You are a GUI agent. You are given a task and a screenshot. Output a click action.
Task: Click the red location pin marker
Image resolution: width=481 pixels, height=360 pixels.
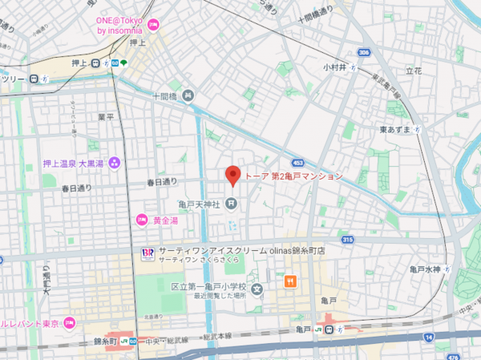coord(233,175)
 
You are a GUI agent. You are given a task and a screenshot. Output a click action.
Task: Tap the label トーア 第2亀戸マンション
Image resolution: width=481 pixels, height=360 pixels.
coord(293,176)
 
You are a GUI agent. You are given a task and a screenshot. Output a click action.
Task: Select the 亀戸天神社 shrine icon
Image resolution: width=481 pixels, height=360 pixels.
coord(231,203)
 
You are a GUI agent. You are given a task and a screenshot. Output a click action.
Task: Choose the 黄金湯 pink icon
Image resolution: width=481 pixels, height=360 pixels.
coord(142,220)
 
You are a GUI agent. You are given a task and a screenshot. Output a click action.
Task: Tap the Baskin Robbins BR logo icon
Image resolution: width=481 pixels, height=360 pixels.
coord(148,253)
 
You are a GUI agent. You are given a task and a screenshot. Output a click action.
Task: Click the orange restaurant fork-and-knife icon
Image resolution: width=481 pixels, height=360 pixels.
coord(289,281)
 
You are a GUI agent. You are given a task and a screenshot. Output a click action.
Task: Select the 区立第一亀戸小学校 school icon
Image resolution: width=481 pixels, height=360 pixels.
coord(257,289)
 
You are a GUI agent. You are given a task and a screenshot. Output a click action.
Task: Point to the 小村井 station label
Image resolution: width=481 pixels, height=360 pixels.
coord(334,67)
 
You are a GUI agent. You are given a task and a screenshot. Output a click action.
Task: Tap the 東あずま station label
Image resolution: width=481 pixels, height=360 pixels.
coord(394,129)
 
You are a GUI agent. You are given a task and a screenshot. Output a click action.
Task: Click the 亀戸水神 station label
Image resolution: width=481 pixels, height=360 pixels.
coord(425,269)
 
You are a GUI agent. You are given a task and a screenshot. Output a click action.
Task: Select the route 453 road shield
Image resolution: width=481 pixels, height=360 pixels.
coord(299,161)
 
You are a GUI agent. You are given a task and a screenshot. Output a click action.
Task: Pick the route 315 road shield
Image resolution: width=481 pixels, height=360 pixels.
coord(347,239)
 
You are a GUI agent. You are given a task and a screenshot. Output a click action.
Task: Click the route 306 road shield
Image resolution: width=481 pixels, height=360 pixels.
coord(364,52)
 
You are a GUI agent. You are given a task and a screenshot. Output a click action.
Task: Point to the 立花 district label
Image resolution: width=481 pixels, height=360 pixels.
coord(414,71)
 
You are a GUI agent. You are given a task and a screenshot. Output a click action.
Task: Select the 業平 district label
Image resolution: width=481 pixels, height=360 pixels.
coord(106,117)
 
